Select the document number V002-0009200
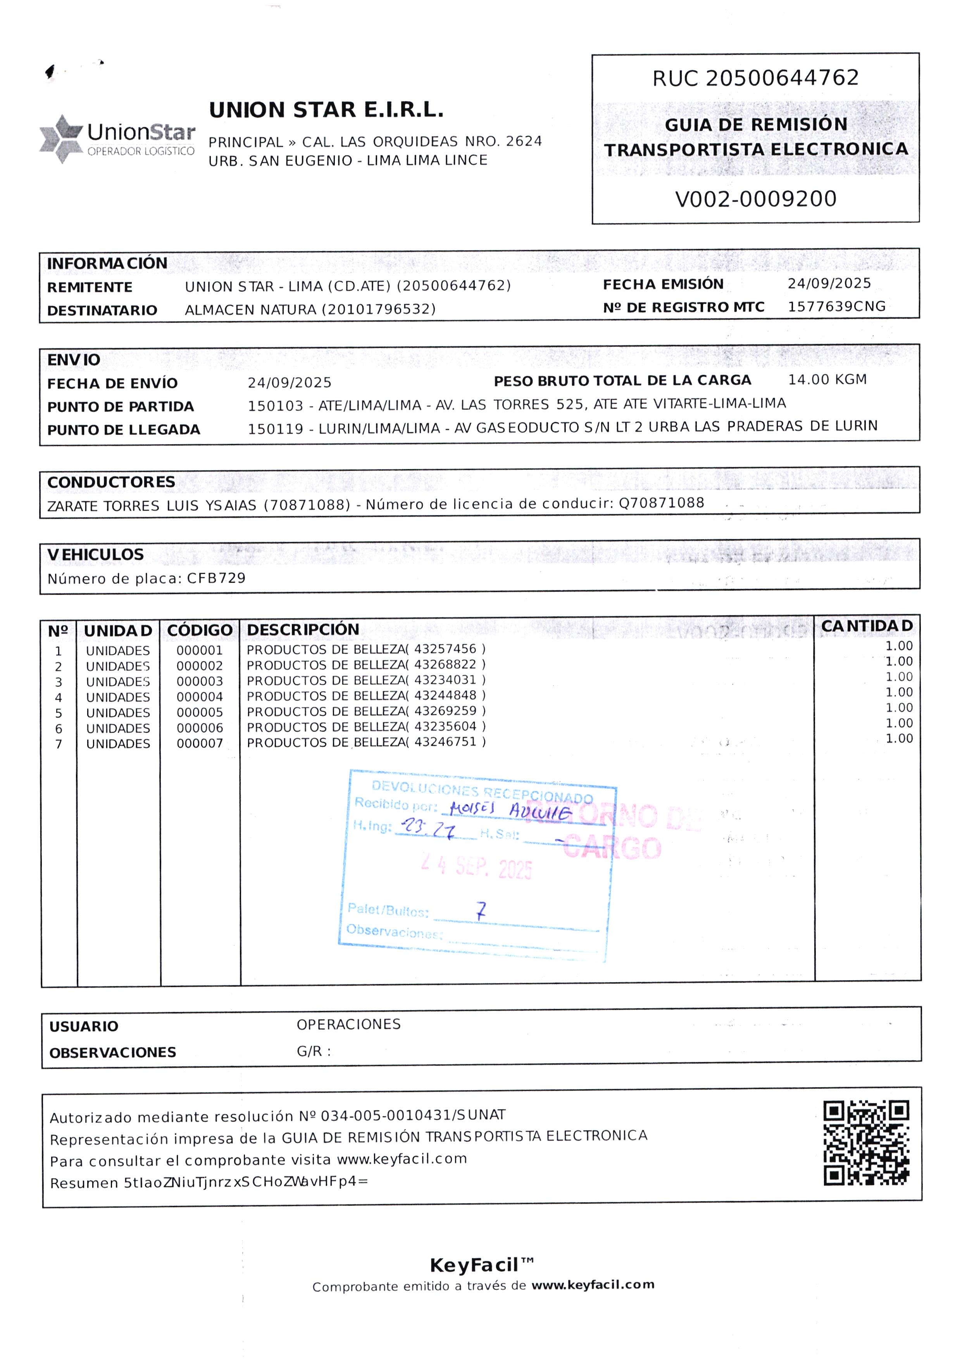(x=756, y=199)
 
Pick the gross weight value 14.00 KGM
(x=827, y=379)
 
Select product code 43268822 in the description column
(x=445, y=664)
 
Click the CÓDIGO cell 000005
(x=200, y=712)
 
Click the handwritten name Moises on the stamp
(x=472, y=808)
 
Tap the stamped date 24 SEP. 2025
(x=476, y=867)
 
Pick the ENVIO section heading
(x=74, y=360)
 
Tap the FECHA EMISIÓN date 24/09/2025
(x=829, y=283)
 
